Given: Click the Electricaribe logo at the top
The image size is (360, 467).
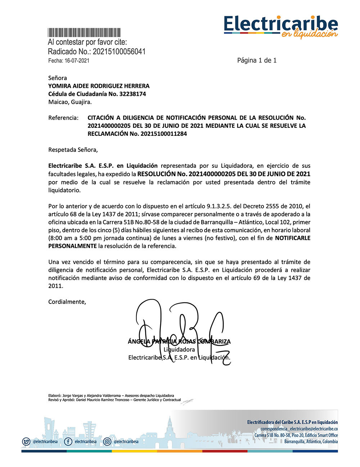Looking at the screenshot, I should (x=281, y=26).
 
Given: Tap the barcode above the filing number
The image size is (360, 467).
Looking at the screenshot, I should (x=84, y=32).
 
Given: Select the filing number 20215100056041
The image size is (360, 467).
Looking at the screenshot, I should (x=119, y=51).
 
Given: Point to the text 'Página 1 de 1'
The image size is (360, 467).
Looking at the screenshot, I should (x=257, y=60).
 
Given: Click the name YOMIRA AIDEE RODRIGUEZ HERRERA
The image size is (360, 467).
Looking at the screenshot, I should (x=99, y=86).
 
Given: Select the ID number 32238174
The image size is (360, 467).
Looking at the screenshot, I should (x=132, y=94).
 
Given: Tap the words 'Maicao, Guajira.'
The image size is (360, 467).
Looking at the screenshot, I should (x=70, y=102).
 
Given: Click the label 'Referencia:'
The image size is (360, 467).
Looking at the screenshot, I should (x=63, y=118).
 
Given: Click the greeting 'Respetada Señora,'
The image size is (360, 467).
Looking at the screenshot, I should (x=73, y=150).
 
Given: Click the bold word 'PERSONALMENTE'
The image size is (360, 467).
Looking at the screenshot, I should (x=72, y=246).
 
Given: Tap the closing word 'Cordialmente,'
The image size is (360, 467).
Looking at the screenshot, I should (x=67, y=302).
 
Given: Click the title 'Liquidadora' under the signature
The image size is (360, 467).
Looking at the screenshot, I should (x=179, y=349).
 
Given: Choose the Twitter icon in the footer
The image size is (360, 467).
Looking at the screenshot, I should (x=26, y=441).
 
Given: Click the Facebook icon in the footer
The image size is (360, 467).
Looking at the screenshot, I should (x=68, y=441).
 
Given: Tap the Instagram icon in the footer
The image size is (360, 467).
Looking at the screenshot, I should (x=107, y=441).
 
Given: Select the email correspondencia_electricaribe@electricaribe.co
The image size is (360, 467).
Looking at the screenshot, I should (x=299, y=429).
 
